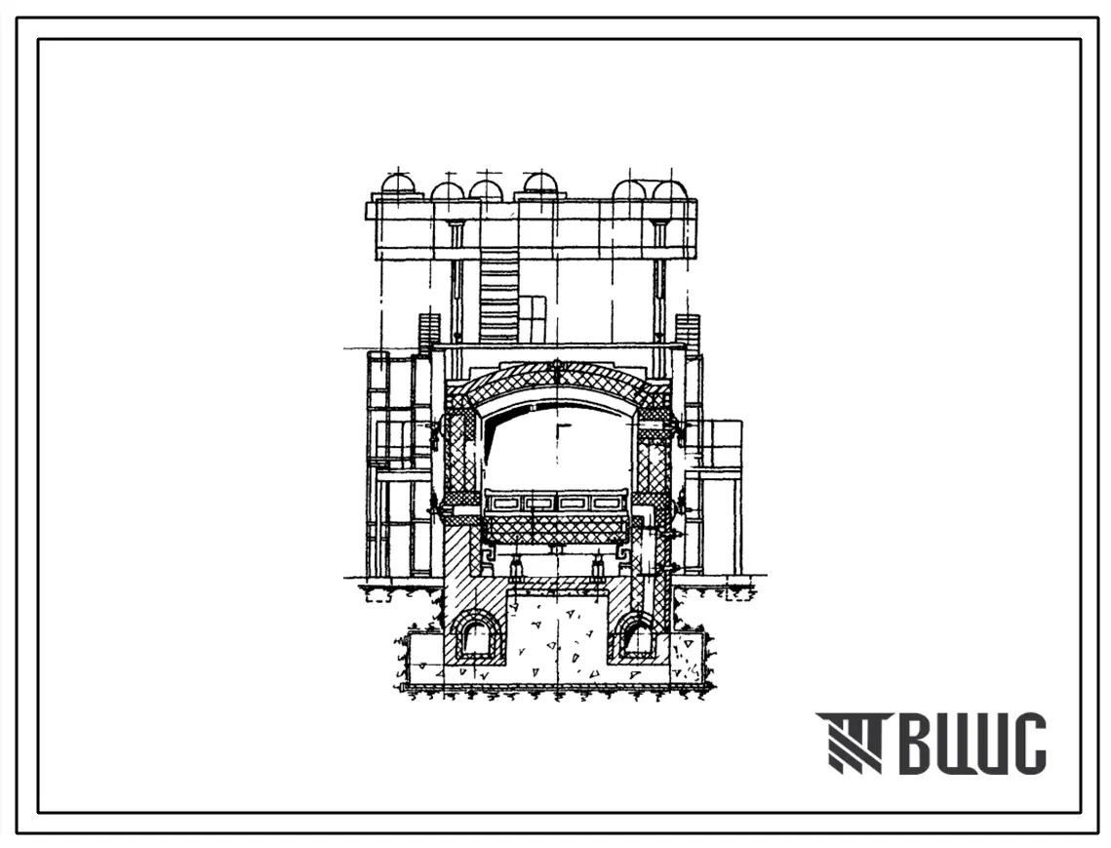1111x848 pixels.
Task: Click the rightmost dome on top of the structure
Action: tap(669, 189)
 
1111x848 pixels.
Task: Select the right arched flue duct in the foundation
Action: tap(635, 635)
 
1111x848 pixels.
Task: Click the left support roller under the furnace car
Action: tap(517, 567)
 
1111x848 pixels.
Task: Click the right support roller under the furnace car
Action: tap(597, 567)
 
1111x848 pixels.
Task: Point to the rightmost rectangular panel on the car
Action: tap(605, 504)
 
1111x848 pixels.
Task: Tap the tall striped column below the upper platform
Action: tap(499, 300)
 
